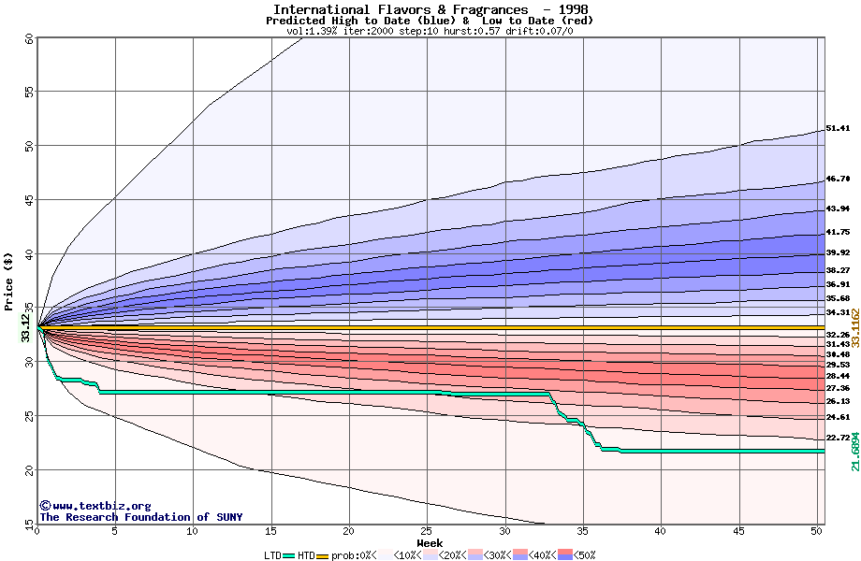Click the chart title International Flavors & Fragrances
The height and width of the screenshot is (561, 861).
tap(401, 9)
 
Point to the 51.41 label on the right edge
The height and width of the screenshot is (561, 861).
tap(838, 128)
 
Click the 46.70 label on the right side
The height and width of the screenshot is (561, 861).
tap(838, 179)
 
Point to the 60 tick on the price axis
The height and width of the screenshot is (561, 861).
tap(29, 38)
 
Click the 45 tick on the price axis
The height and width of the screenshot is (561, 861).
tap(29, 199)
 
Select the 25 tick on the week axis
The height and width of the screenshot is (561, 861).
tap(427, 531)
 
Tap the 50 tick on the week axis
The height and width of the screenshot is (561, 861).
tap(817, 531)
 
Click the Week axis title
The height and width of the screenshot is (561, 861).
tap(430, 543)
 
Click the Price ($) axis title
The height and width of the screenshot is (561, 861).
tap(9, 280)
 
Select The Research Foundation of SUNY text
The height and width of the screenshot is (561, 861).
tap(138, 517)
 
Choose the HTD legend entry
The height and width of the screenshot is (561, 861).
tap(306, 554)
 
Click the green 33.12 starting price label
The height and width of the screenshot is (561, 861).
tap(25, 328)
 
